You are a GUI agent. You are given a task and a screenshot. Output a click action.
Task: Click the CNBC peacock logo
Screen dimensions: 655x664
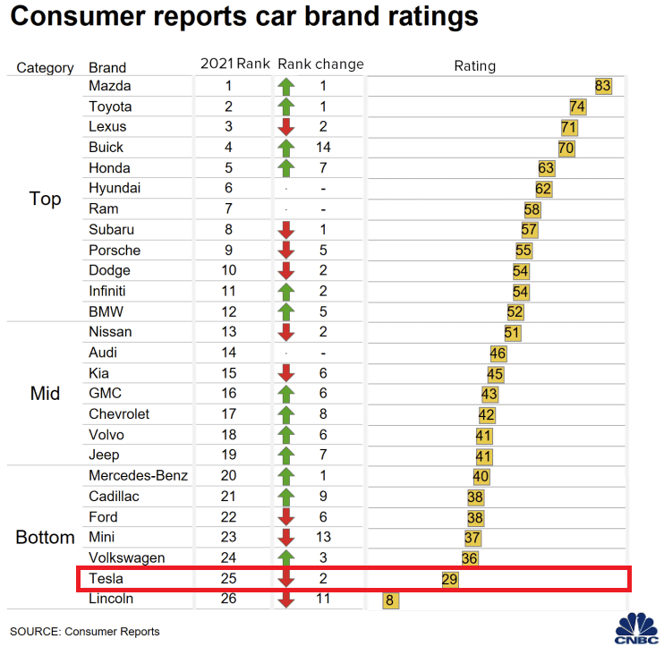pyautogui.click(x=636, y=627)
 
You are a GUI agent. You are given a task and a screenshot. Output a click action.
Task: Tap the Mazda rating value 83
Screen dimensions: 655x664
pyautogui.click(x=603, y=86)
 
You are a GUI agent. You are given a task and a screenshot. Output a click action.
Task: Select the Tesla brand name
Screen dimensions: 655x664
pyautogui.click(x=106, y=579)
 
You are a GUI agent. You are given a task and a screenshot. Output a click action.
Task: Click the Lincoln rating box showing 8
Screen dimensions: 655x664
pyautogui.click(x=389, y=600)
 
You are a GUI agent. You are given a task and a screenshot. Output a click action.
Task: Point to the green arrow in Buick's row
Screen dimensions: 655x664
pyautogui.click(x=286, y=148)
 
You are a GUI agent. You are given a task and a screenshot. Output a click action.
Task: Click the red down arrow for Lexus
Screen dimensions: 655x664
pyautogui.click(x=286, y=127)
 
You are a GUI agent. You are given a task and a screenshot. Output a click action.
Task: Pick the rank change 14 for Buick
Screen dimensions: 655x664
pyautogui.click(x=322, y=148)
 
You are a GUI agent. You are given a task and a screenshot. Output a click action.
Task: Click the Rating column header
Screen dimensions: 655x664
pyautogui.click(x=474, y=66)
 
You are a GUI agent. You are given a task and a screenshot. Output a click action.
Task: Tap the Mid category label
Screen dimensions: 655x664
pyautogui.click(x=45, y=393)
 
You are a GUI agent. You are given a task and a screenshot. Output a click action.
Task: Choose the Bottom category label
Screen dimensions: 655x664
pyautogui.click(x=45, y=538)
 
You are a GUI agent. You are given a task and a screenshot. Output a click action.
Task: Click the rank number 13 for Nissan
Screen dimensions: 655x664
pyautogui.click(x=228, y=332)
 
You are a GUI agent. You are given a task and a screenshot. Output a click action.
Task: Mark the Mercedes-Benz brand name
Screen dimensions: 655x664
pyautogui.click(x=138, y=475)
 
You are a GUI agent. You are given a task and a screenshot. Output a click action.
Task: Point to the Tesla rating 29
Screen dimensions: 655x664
pyautogui.click(x=450, y=580)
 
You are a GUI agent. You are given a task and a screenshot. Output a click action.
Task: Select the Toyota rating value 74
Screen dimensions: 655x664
pyautogui.click(x=577, y=106)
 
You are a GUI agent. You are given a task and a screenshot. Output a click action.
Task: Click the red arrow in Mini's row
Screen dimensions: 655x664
pyautogui.click(x=286, y=538)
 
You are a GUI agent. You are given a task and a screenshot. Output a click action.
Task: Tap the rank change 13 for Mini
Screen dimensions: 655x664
pyautogui.click(x=322, y=538)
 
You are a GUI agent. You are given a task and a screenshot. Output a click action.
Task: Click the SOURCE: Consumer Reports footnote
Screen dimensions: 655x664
pyautogui.click(x=85, y=632)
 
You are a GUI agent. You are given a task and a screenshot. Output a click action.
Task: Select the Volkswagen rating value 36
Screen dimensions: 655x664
pyautogui.click(x=470, y=558)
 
